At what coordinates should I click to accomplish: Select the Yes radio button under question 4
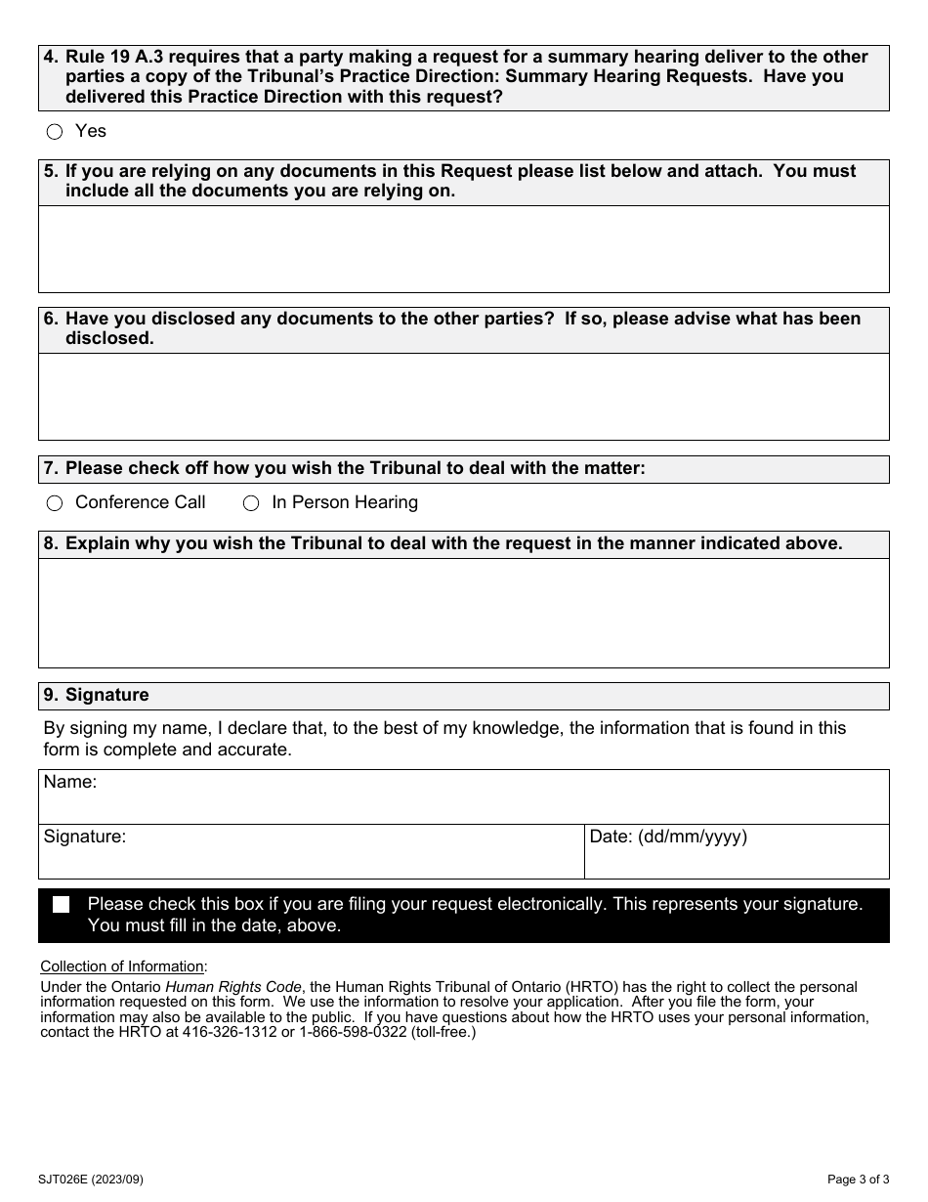55,132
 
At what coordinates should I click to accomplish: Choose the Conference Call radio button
55,503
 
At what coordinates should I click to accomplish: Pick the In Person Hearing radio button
251,503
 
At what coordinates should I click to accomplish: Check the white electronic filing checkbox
62,905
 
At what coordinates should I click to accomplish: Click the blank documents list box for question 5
463,249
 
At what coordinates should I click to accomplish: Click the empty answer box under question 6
463,396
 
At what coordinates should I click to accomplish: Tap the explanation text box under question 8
463,613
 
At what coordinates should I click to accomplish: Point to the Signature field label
85,837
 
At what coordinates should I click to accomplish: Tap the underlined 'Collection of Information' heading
123,966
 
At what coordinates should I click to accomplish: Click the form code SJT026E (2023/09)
92,1180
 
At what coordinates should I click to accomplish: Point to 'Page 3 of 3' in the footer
857,1180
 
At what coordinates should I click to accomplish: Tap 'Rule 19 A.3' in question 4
118,57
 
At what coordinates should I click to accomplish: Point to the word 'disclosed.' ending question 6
109,339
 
